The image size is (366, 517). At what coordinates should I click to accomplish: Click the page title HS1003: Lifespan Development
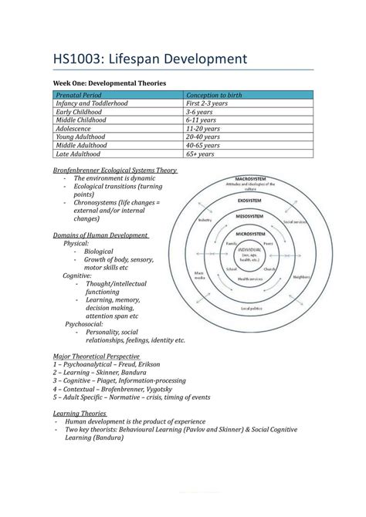coord(149,59)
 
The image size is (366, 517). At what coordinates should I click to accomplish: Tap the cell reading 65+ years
coord(202,154)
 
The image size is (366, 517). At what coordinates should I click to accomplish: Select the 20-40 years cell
coord(203,137)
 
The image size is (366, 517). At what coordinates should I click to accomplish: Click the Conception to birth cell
coord(214,95)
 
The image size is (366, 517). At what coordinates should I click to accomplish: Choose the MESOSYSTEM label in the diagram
coord(251,218)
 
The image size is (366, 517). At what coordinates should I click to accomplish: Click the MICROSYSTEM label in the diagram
coord(251,234)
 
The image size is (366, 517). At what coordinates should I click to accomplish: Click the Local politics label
coord(252,309)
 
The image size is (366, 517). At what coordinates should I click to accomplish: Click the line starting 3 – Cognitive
coord(119,380)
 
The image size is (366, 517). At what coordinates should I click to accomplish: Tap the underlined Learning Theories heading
coord(79,414)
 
